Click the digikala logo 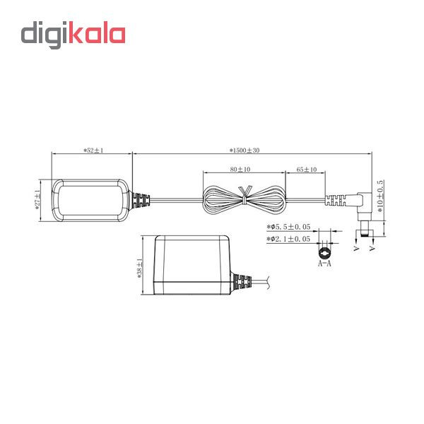tap(73, 35)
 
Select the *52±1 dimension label tap(93, 151)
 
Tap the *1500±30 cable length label tap(245, 151)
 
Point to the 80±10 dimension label tap(240, 170)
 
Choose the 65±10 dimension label tap(307, 170)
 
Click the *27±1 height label tap(37, 200)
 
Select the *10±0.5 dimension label tap(380, 196)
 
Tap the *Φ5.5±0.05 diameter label tap(288, 227)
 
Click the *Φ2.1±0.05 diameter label tap(288, 239)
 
